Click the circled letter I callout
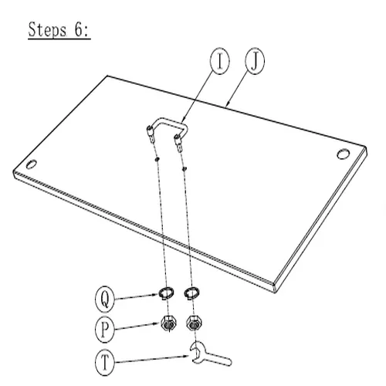coord(219,61)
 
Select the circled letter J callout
coord(255,61)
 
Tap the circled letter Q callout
coord(105,300)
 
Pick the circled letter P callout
coord(105,329)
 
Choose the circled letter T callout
coord(105,362)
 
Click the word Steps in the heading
coord(47,30)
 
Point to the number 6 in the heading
coord(79,30)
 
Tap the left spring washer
coord(166,293)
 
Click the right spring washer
coord(192,293)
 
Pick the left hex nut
coord(168,323)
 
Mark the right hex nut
coord(195,323)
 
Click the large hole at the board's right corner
coord(344,154)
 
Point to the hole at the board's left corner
coord(32,164)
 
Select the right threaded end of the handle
coord(178,144)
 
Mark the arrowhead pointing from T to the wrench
coord(187,357)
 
